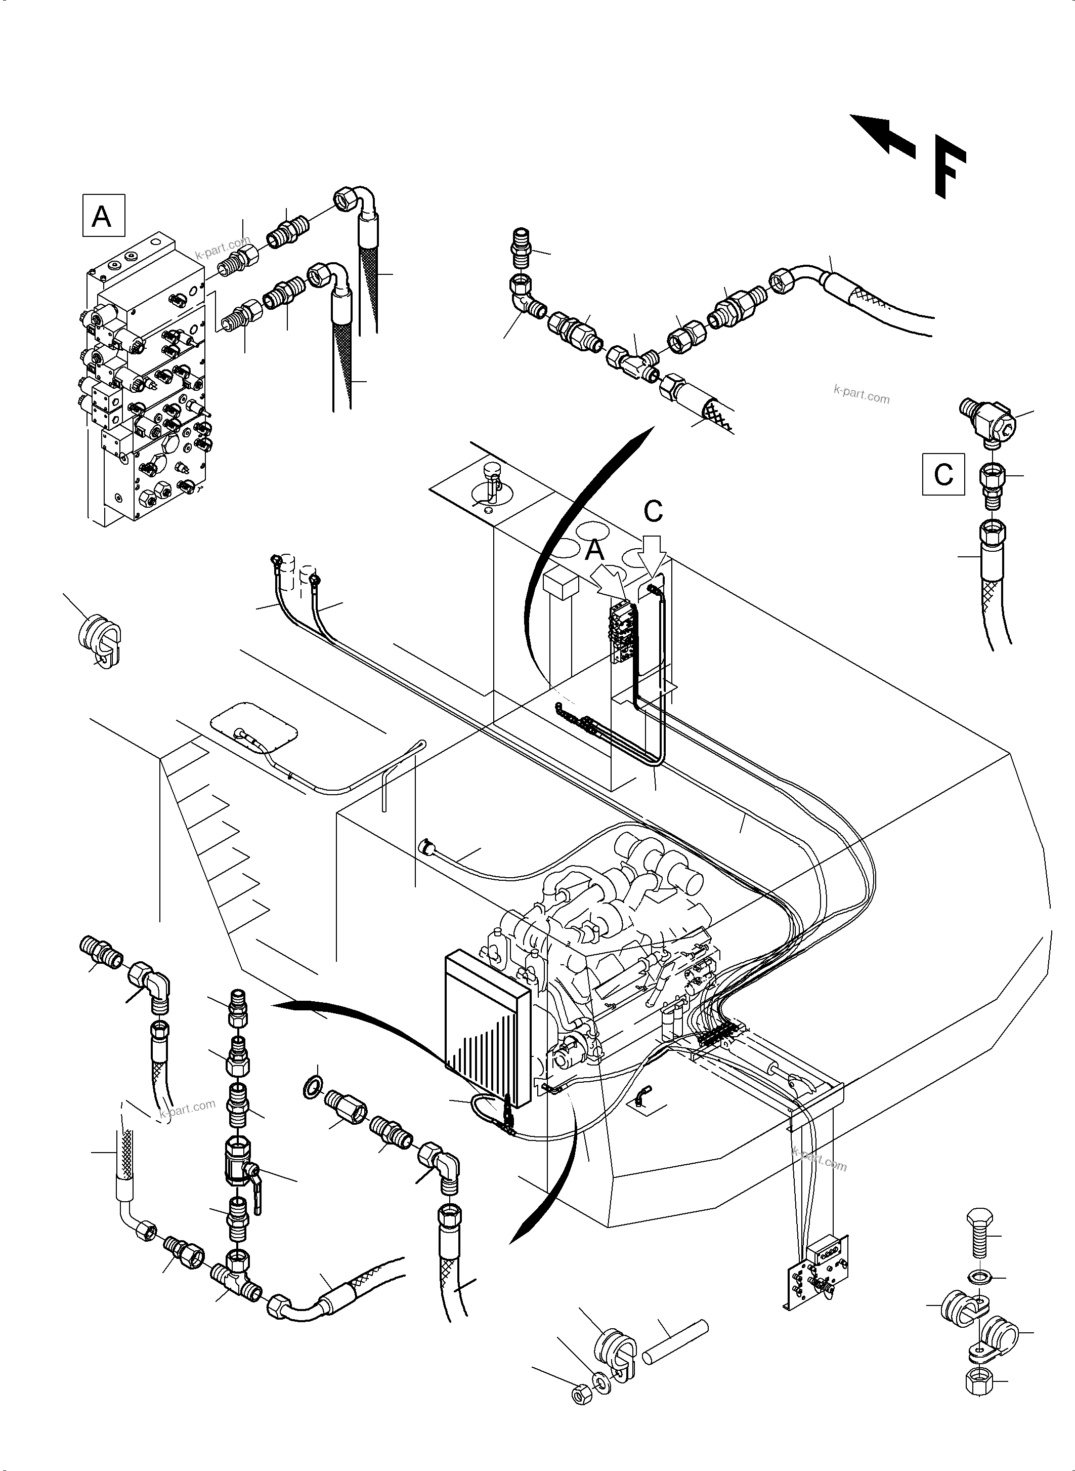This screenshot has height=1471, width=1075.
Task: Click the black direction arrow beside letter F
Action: pos(882,134)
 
